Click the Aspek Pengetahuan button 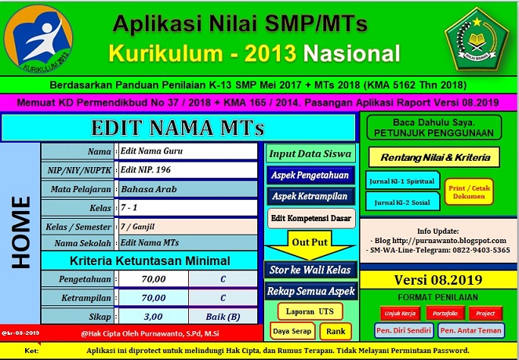pyautogui.click(x=310, y=174)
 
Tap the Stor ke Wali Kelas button pyautogui.click(x=310, y=270)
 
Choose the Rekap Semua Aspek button pyautogui.click(x=310, y=291)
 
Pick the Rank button pyautogui.click(x=336, y=331)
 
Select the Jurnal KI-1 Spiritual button pyautogui.click(x=401, y=180)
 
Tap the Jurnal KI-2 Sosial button pyautogui.click(x=401, y=202)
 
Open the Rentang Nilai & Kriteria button pyautogui.click(x=434, y=158)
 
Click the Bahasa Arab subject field pyautogui.click(x=187, y=189)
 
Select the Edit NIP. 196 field pyautogui.click(x=187, y=170)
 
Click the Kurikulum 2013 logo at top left pyautogui.click(x=38, y=39)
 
